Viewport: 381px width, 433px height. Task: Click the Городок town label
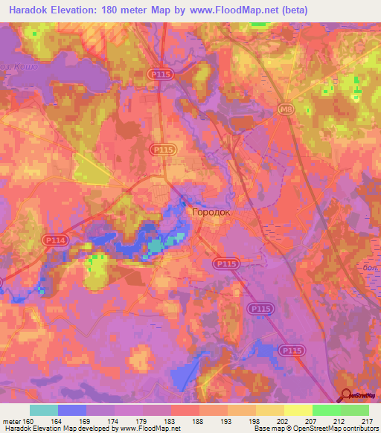coord(211,212)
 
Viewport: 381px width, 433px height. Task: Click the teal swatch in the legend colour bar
coord(44,409)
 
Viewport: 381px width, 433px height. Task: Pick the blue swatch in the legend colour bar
coord(72,409)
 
